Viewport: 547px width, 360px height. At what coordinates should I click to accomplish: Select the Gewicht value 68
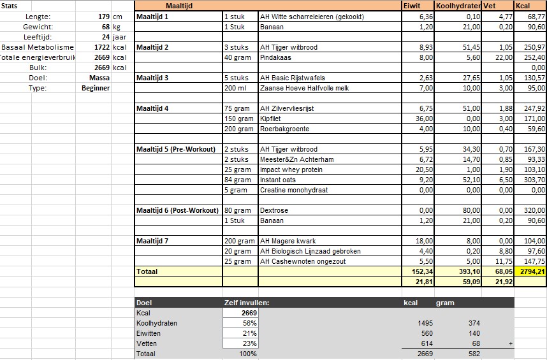coord(105,27)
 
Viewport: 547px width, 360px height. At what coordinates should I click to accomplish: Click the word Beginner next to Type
coord(96,88)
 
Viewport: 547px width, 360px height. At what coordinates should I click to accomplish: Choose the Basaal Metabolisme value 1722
coord(101,47)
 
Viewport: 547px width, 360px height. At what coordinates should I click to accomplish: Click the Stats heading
coord(10,6)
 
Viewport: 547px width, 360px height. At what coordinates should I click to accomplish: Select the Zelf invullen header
coord(246,303)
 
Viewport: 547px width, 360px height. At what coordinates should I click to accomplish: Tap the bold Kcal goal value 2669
coord(249,313)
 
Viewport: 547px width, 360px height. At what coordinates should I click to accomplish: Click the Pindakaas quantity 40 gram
coord(238,57)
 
